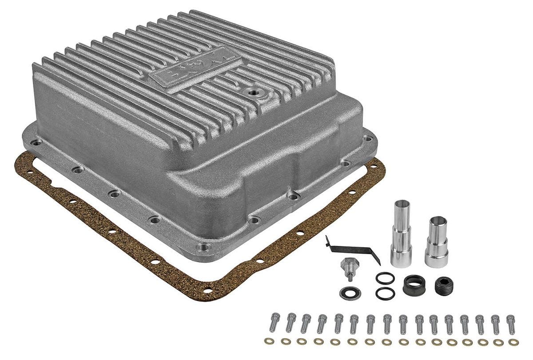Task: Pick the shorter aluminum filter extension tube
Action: pyautogui.click(x=436, y=242)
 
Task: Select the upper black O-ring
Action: pyautogui.click(x=385, y=278)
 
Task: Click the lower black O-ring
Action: pyautogui.click(x=384, y=293)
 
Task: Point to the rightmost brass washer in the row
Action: pyautogui.click(x=513, y=342)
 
